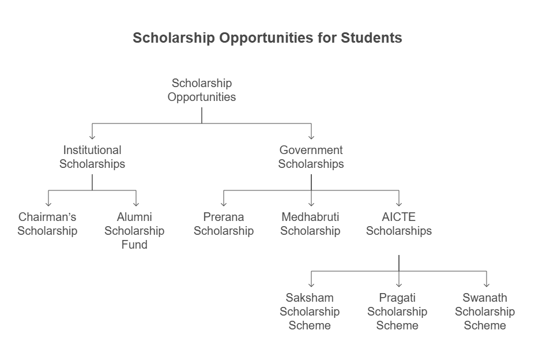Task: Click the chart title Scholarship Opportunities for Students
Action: click(267, 38)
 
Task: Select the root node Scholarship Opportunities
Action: click(202, 90)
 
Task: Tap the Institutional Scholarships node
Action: click(92, 157)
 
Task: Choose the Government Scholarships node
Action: click(311, 157)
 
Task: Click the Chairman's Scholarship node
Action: click(47, 224)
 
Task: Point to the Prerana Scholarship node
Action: click(224, 224)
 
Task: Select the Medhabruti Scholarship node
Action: click(311, 224)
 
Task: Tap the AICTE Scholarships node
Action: click(399, 224)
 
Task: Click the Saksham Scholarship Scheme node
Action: click(310, 312)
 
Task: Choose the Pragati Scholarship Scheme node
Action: click(397, 312)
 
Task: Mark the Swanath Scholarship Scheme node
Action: click(485, 312)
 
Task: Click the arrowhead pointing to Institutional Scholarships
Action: click(92, 137)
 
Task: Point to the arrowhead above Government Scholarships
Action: click(311, 137)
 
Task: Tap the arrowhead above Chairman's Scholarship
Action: click(48, 204)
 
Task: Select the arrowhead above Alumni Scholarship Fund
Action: click(136, 204)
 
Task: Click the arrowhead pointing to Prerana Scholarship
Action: click(224, 204)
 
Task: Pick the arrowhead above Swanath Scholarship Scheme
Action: click(487, 284)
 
